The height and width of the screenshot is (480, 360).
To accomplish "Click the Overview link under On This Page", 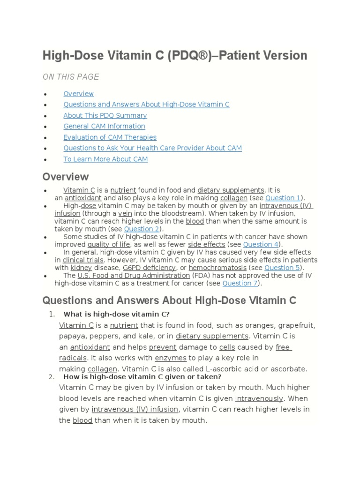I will (78, 94).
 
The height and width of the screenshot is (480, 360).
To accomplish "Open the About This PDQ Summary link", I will (105, 115).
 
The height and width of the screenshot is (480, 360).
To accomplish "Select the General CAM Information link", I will (104, 126).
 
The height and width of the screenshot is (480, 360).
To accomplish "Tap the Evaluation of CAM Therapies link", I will (110, 137).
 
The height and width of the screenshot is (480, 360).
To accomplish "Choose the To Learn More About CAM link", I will (105, 159).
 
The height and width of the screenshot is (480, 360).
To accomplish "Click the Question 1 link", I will (283, 198).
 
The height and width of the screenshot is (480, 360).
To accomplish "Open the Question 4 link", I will (261, 244).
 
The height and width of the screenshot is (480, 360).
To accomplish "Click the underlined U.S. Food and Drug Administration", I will (134, 276).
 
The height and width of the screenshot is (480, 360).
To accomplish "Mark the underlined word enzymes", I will (171, 358).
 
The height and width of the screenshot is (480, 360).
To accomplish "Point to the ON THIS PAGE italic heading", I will (71, 77).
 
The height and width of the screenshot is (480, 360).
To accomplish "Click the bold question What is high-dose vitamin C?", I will (117, 314).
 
